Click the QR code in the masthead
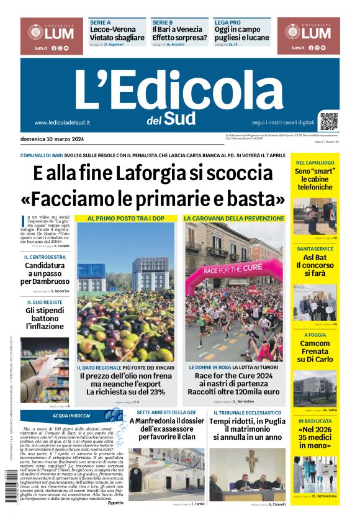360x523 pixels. (329, 121)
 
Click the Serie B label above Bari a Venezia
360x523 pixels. (163, 21)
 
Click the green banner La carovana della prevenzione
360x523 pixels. (233, 218)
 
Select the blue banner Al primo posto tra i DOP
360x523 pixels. (126, 218)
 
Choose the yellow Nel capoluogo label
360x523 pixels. (315, 163)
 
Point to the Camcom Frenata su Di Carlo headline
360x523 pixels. (315, 352)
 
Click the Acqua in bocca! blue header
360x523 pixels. (71, 415)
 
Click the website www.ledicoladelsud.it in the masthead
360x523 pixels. (63, 122)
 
